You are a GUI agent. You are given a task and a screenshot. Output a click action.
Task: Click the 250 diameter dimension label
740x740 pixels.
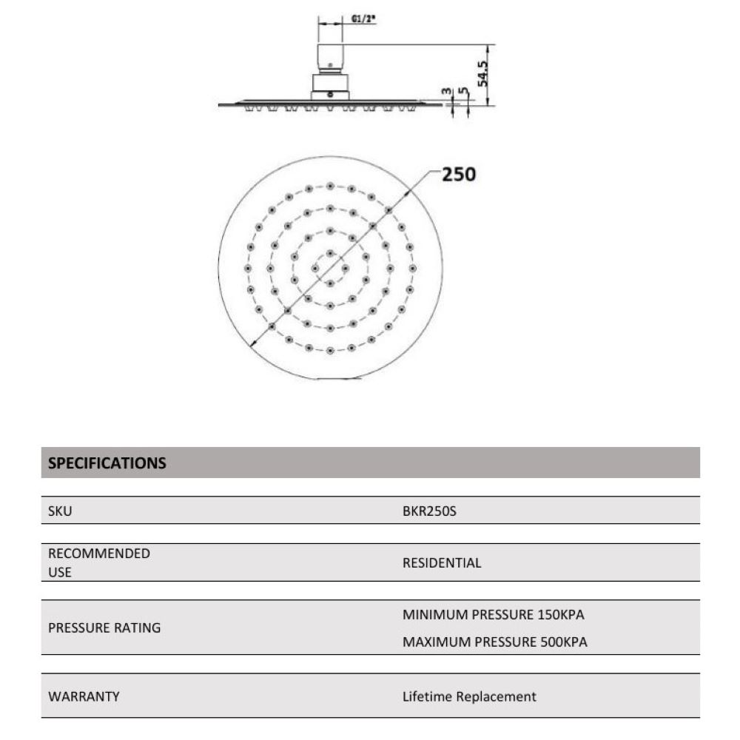click(459, 175)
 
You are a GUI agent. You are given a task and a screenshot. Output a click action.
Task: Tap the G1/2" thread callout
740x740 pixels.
click(360, 20)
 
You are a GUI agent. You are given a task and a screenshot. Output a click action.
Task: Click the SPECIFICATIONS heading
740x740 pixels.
click(107, 463)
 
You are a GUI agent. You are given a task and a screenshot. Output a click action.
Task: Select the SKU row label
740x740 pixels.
click(60, 511)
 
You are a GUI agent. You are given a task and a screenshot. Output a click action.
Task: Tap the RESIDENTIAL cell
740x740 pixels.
click(442, 562)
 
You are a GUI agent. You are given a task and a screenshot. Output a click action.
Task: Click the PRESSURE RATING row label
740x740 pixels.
click(104, 628)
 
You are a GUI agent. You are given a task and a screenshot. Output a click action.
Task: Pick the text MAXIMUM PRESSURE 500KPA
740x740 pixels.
click(495, 642)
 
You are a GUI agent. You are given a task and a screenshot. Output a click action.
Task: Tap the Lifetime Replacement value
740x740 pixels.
click(469, 696)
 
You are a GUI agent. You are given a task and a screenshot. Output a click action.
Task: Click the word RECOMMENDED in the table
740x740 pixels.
click(99, 554)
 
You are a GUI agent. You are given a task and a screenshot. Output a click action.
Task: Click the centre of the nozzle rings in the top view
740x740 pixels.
click(329, 266)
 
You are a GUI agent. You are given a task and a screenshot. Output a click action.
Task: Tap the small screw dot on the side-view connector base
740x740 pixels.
click(330, 94)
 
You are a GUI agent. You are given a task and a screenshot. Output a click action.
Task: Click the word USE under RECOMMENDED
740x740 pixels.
click(60, 572)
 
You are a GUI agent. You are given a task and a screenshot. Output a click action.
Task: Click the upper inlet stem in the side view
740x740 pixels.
click(330, 56)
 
